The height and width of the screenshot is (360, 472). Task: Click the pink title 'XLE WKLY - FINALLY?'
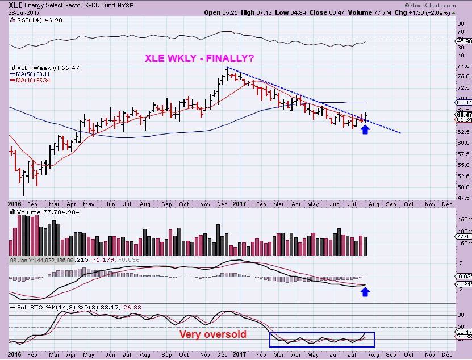(199, 58)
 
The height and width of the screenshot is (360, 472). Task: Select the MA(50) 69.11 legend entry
(30, 74)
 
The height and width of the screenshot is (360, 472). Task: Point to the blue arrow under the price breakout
(365, 130)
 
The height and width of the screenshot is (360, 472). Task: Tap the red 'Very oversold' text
(213, 334)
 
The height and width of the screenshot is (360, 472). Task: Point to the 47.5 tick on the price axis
(462, 198)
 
